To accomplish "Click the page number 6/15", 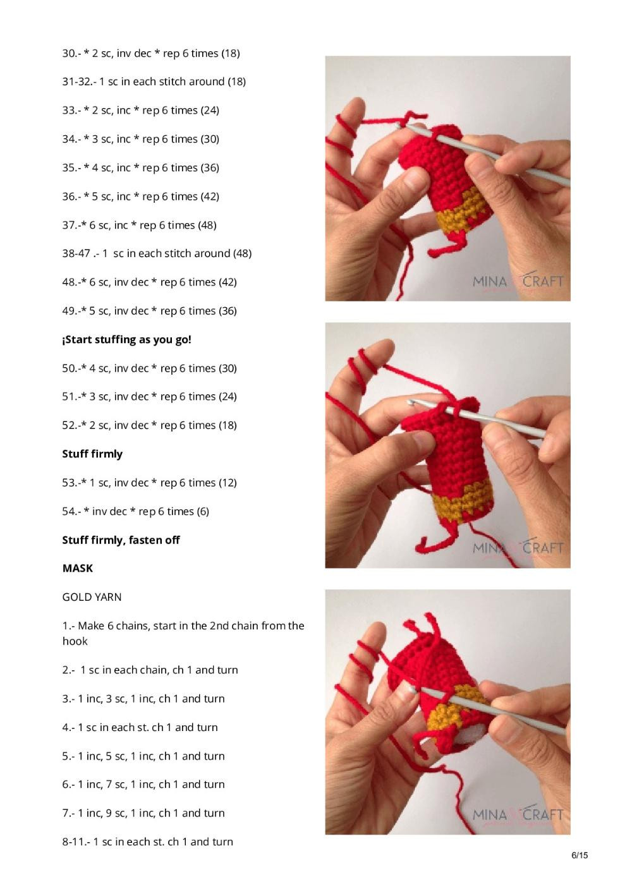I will (x=579, y=855).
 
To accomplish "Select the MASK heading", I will (x=78, y=568).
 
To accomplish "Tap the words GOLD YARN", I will (x=92, y=597).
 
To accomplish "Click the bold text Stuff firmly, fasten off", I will (x=121, y=540).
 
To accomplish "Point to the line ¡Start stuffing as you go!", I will (x=126, y=339).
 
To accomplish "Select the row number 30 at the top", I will (x=69, y=54).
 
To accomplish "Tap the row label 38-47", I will (x=76, y=253).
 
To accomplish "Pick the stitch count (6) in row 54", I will (x=202, y=511).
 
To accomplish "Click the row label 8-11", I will (x=75, y=842).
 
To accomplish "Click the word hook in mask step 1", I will (x=75, y=641).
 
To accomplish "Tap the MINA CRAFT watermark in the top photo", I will (x=518, y=282).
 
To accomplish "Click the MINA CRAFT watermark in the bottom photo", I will (x=518, y=815).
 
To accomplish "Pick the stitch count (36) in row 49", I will (x=228, y=311).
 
